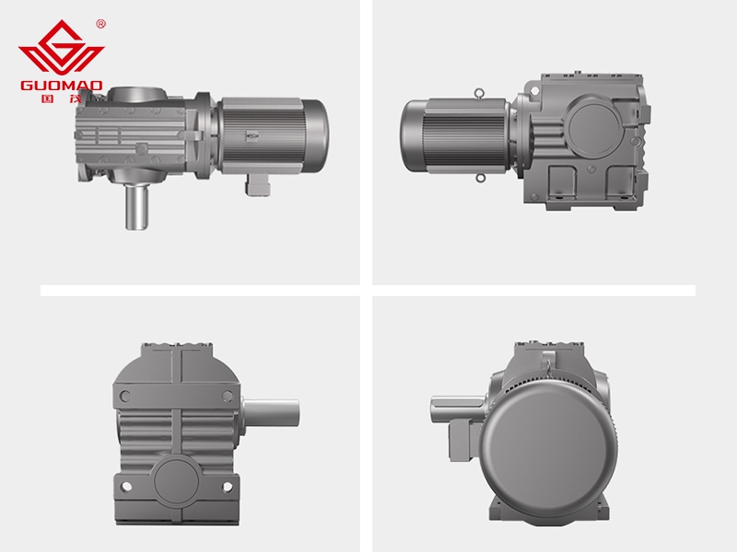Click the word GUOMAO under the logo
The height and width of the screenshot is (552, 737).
(61, 86)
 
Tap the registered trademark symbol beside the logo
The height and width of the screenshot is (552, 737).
(100, 24)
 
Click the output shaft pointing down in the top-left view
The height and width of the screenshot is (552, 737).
(136, 206)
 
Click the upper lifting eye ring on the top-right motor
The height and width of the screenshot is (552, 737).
(479, 94)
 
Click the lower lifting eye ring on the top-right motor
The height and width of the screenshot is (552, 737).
(479, 178)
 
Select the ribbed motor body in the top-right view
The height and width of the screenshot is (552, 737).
(464, 136)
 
